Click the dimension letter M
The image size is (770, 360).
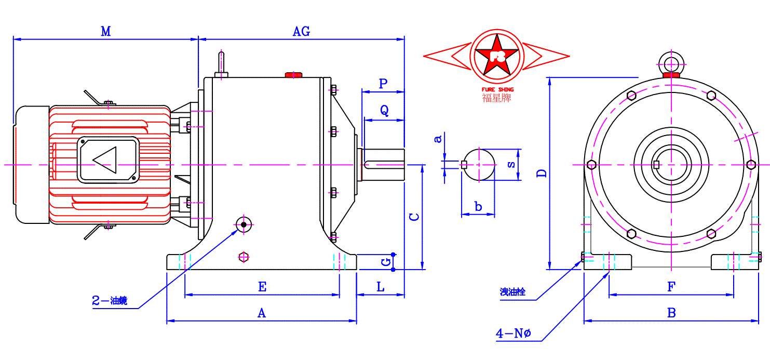tap(106, 32)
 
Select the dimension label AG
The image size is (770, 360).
tap(301, 32)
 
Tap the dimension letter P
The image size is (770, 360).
tap(383, 84)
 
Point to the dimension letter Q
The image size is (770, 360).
tap(384, 111)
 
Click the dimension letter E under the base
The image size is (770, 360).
tap(262, 286)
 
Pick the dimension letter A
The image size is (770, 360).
tap(262, 313)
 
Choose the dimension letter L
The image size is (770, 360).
tap(381, 286)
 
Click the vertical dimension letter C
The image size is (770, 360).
tap(414, 217)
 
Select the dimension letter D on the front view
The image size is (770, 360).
tap(542, 172)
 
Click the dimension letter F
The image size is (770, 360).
tap(671, 286)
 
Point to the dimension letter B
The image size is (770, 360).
tap(671, 313)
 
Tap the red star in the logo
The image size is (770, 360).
tap(497, 54)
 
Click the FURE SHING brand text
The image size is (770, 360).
tap(497, 89)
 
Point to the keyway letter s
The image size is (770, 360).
tap(511, 164)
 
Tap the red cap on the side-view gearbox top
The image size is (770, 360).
tap(293, 75)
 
